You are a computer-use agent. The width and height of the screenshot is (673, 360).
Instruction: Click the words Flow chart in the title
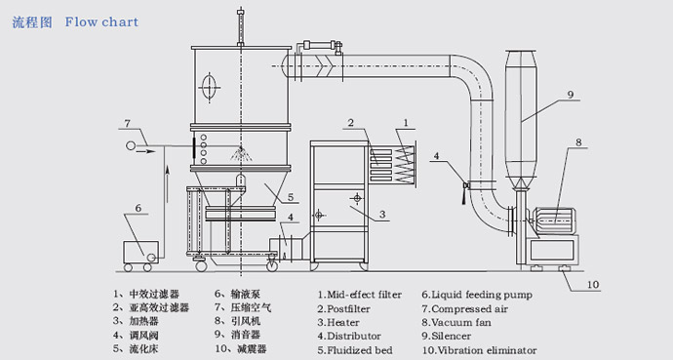[x=102, y=21]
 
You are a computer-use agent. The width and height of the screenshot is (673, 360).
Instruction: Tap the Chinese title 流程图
[x=32, y=21]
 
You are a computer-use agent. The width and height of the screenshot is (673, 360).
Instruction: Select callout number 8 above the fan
[x=577, y=141]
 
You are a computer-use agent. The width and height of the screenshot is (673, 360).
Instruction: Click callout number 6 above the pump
[x=137, y=208]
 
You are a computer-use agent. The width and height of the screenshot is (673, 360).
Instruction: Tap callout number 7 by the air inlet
[x=126, y=123]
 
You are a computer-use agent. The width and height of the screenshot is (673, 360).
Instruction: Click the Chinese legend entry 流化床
[x=139, y=347]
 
